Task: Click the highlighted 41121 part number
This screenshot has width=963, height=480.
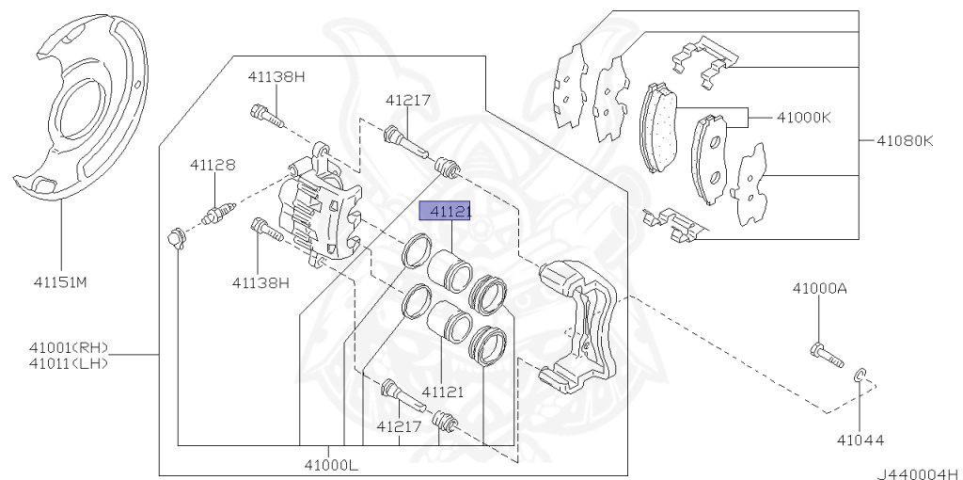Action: (445, 213)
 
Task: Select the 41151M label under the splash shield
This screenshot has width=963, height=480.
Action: (60, 280)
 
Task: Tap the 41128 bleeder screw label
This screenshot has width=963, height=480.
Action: (213, 165)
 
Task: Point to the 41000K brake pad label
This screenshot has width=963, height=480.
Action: (804, 119)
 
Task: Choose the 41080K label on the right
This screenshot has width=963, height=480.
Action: (905, 141)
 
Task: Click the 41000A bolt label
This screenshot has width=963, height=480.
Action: (819, 288)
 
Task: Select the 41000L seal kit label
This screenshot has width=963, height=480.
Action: (330, 464)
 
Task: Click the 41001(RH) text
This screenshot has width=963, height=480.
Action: (68, 348)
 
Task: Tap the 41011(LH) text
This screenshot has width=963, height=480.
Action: (68, 363)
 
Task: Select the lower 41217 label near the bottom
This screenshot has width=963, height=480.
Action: (400, 426)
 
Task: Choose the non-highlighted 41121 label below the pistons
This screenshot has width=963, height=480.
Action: (442, 391)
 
